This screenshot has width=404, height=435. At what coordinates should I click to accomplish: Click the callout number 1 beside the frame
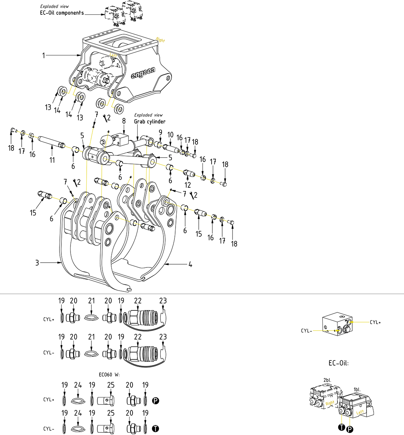click(x=44, y=55)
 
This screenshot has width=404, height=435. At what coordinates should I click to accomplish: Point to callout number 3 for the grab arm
click(x=37, y=263)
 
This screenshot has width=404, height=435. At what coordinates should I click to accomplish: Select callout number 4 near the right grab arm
click(x=190, y=264)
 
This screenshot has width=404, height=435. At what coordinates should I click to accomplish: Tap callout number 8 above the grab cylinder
click(x=124, y=121)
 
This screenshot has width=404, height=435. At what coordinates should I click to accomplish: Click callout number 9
click(x=160, y=132)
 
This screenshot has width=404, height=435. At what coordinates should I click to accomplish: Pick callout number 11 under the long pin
click(x=52, y=160)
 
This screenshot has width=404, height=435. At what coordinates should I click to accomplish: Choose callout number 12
click(x=188, y=185)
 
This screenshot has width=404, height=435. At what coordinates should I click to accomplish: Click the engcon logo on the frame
click(x=143, y=72)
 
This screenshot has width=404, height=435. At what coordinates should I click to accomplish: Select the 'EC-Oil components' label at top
click(x=62, y=13)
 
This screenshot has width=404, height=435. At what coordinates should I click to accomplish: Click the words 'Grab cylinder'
click(x=149, y=122)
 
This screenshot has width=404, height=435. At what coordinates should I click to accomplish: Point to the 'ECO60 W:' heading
click(x=109, y=375)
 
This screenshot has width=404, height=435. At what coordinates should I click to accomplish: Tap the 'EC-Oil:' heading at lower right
click(x=338, y=363)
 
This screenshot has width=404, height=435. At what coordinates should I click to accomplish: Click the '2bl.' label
click(x=327, y=380)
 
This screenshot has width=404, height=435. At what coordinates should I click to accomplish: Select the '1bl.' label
click(x=357, y=389)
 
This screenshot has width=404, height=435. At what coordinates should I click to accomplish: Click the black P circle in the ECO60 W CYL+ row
click(x=156, y=400)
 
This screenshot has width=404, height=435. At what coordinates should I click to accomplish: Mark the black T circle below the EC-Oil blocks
click(x=342, y=427)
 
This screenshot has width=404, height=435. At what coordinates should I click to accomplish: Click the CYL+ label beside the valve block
click(x=375, y=322)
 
